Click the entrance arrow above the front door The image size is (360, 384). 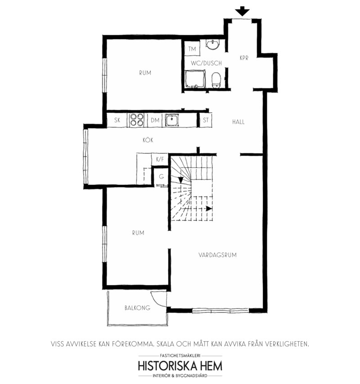point(242,11)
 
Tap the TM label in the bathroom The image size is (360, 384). point(192,49)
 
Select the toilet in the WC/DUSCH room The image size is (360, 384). point(216,80)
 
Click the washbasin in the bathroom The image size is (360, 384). point(212,45)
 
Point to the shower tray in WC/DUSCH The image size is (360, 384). point(195,79)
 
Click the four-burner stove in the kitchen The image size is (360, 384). point(137,120)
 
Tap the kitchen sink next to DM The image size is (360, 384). point(171,120)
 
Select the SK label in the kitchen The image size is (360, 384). point(117,120)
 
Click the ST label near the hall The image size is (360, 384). point(206,120)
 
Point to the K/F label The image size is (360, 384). point(160,160)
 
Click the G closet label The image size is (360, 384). point(161,177)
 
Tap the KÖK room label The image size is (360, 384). point(148,140)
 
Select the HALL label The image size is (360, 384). point(238,122)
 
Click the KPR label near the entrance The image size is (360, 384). point(244,58)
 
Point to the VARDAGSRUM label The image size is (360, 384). point(218,255)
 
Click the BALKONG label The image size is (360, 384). point(137,308)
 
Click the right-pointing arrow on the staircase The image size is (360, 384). point(209,209)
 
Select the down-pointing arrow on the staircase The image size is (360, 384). point(181,180)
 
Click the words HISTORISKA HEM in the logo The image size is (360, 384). point(180,366)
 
